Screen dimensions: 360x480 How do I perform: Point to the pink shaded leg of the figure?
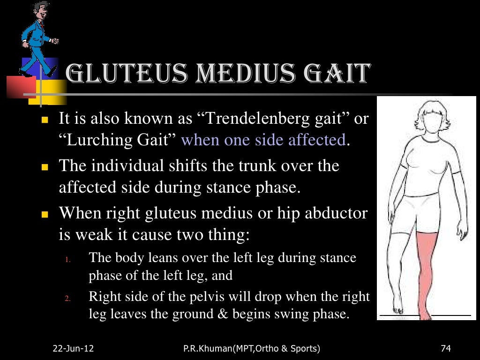427,272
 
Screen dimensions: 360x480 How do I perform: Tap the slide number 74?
446,348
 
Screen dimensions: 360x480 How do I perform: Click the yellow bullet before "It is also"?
45,120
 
